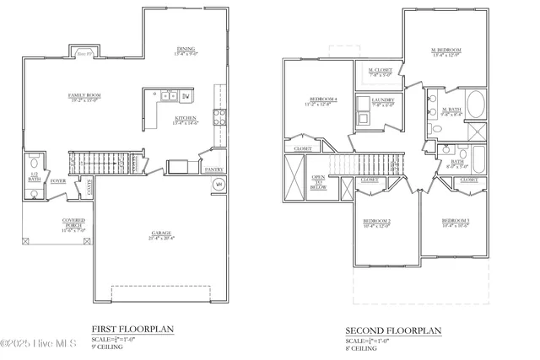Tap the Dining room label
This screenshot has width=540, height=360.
tap(186, 51)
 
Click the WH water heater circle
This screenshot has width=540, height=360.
tap(218, 184)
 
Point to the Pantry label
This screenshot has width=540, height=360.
tap(214, 169)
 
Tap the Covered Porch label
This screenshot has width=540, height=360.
tap(73, 223)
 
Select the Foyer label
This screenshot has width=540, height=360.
tap(58, 180)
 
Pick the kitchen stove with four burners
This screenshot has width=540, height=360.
tap(219, 116)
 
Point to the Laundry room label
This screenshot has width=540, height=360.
tap(383, 102)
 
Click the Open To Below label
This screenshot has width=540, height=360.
tap(319, 183)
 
